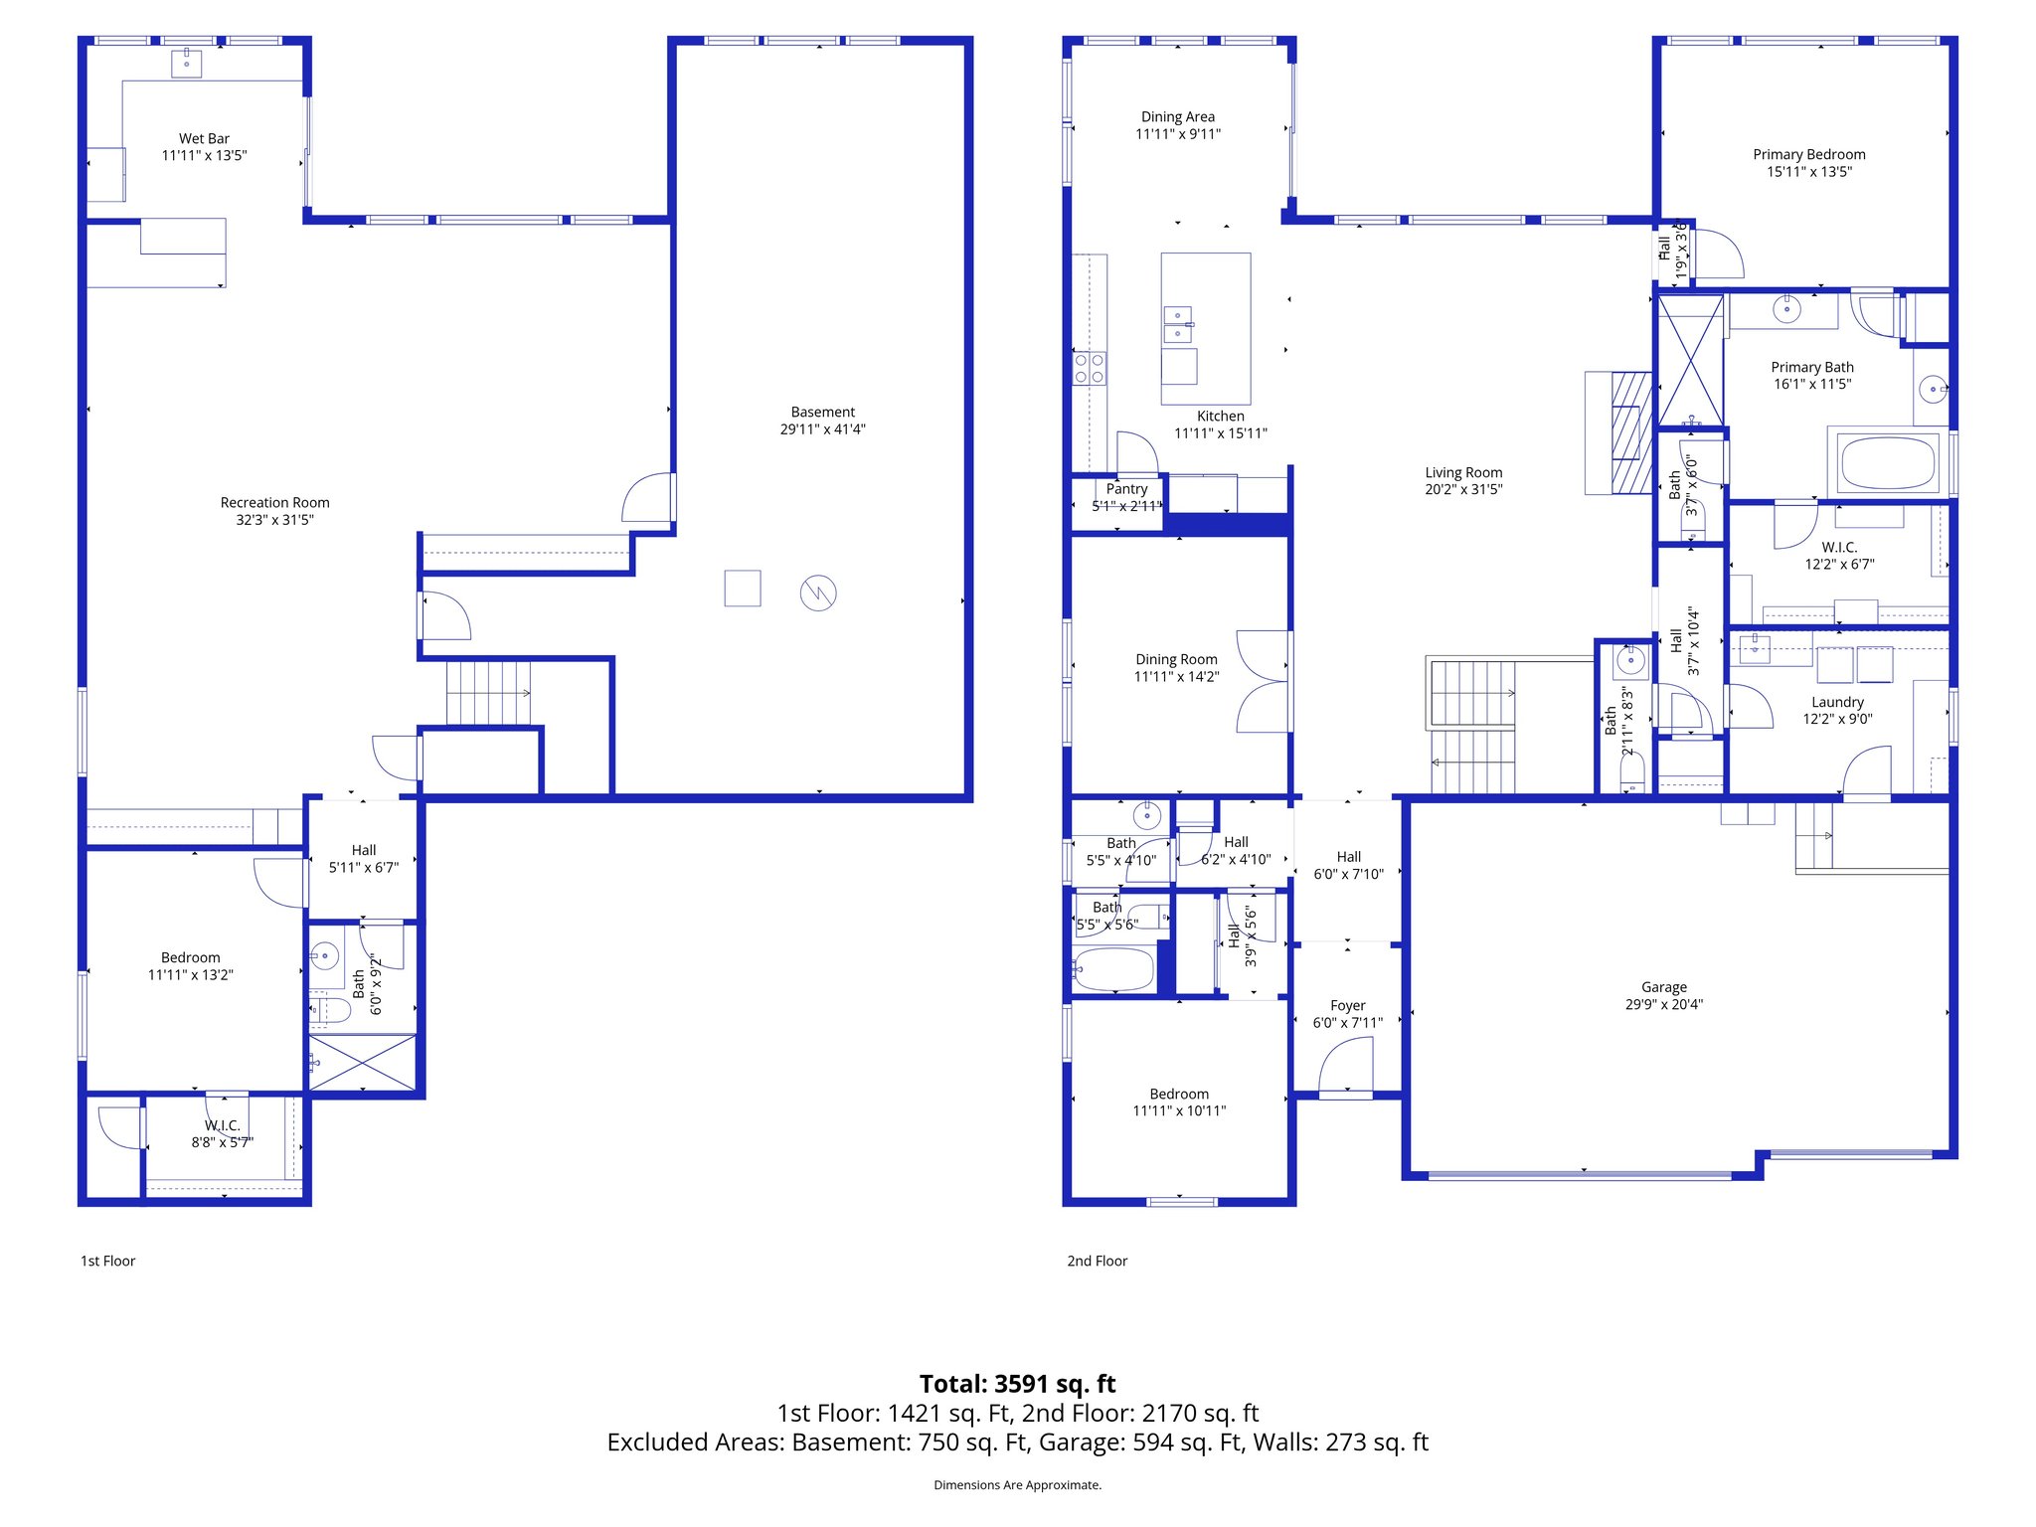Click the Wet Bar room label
(204, 139)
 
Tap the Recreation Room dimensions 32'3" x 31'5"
(274, 520)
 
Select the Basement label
(822, 412)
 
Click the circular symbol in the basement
(818, 594)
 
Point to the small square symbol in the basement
(743, 589)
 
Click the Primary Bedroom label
(1808, 154)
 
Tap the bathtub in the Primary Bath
(1888, 462)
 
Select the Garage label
(1663, 987)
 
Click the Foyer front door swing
(1348, 1066)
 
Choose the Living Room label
(1463, 472)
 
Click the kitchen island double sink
(1178, 324)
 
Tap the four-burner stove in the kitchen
(1090, 369)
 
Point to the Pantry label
(1126, 489)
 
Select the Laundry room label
(1837, 702)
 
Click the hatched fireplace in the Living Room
(1630, 432)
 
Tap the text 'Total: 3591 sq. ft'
(1017, 1384)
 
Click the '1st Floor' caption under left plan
(107, 1261)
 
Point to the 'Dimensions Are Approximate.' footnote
(1017, 1485)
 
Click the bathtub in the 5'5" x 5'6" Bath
(1113, 968)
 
